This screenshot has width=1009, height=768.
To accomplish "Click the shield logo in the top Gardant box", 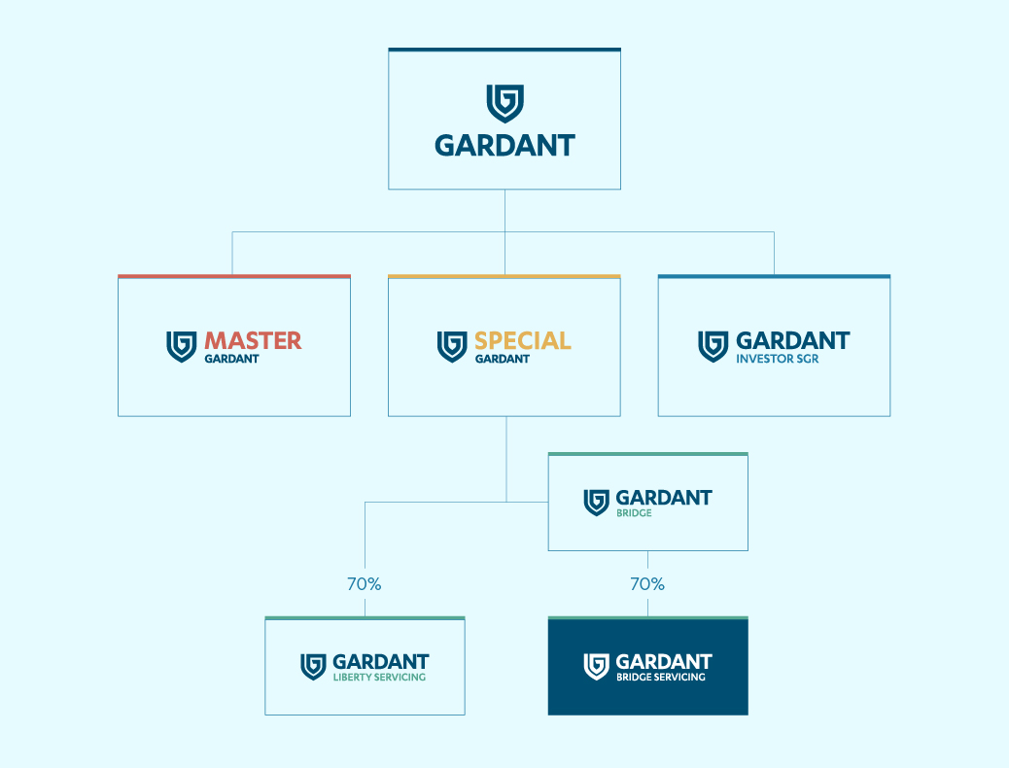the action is click(505, 103).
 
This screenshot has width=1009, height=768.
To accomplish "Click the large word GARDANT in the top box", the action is click(505, 146).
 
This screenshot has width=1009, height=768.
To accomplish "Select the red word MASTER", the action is click(253, 340).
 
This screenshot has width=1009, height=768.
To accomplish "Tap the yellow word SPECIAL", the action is click(523, 340).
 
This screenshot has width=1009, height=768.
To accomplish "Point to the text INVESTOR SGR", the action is click(778, 360).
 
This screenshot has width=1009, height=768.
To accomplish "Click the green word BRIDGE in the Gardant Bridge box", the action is click(634, 513).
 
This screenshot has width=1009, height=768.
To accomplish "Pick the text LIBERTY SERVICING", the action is click(379, 678).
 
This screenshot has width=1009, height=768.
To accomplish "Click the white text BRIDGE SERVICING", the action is click(661, 678).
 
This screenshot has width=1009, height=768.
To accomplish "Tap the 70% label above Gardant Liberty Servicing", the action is click(365, 584).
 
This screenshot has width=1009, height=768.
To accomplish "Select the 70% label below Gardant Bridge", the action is click(647, 584).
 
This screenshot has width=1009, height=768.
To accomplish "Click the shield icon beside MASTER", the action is click(182, 346).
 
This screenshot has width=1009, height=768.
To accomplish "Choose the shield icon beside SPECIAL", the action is click(452, 346).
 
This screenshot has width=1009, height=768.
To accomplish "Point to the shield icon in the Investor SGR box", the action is click(713, 346).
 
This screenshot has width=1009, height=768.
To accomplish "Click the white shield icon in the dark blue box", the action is click(596, 667).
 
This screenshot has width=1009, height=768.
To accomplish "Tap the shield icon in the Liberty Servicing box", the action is click(313, 667).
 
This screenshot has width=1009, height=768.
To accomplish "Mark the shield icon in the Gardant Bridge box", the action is click(596, 503).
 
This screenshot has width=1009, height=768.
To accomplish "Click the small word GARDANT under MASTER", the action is click(231, 360).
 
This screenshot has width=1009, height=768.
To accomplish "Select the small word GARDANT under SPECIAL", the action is click(502, 360).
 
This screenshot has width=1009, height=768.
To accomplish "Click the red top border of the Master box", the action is click(234, 277).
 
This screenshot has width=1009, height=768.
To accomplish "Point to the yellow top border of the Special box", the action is click(504, 277).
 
